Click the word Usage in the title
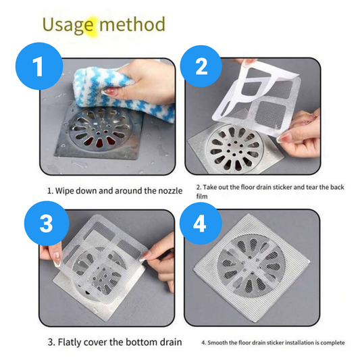click(68, 25)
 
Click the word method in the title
click(132, 24)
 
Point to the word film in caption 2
click(203, 196)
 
